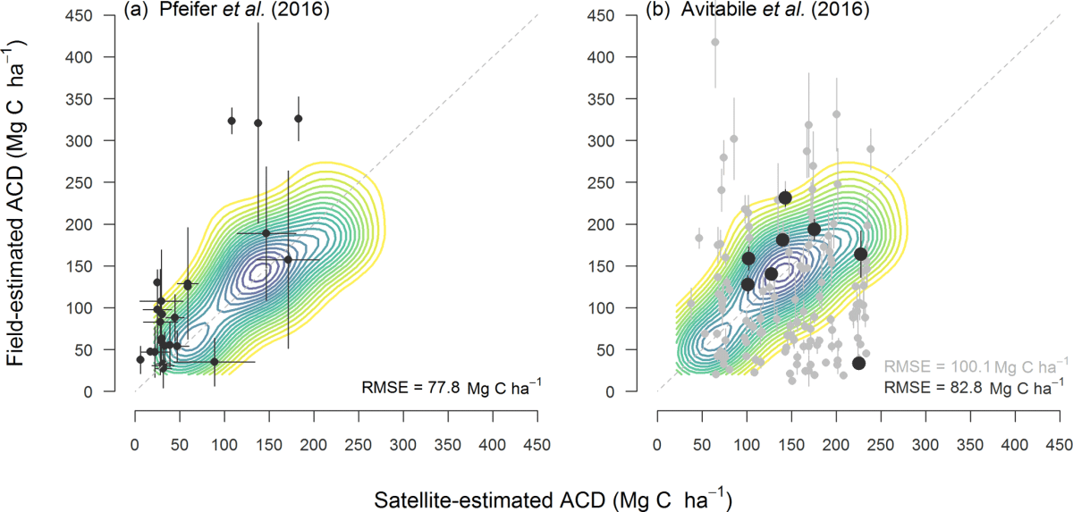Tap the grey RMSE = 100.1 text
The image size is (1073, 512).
click(975, 365)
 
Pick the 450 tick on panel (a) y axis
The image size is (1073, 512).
click(106, 15)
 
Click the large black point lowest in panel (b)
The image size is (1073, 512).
click(858, 363)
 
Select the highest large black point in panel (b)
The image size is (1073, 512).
click(785, 197)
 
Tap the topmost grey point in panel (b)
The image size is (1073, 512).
click(714, 42)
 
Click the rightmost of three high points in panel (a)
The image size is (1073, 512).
click(299, 118)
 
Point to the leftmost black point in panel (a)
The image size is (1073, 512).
click(139, 359)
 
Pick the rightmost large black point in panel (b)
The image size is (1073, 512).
click(861, 254)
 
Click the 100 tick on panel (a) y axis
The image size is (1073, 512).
click(106, 308)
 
